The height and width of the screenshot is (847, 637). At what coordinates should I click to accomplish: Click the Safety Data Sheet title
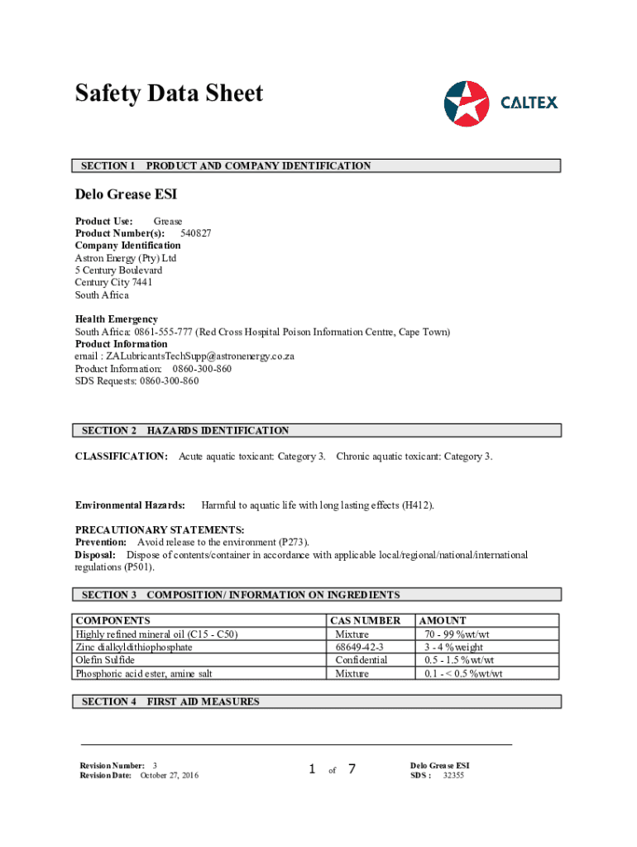tap(169, 93)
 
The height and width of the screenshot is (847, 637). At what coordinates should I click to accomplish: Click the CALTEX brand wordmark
tap(529, 103)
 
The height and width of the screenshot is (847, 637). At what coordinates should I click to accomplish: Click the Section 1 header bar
tap(318, 166)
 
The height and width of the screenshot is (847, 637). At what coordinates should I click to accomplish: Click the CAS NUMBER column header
tap(365, 620)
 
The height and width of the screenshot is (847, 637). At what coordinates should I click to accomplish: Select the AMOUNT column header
tap(443, 620)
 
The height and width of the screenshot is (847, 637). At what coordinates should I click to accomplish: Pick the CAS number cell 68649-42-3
tap(360, 647)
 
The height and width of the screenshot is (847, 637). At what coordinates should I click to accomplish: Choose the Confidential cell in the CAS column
tap(362, 660)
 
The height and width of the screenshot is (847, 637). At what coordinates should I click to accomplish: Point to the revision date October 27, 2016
tap(170, 775)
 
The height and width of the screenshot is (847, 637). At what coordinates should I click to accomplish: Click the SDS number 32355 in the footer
tap(453, 775)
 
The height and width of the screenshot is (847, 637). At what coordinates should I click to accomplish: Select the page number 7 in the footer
tap(352, 769)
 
